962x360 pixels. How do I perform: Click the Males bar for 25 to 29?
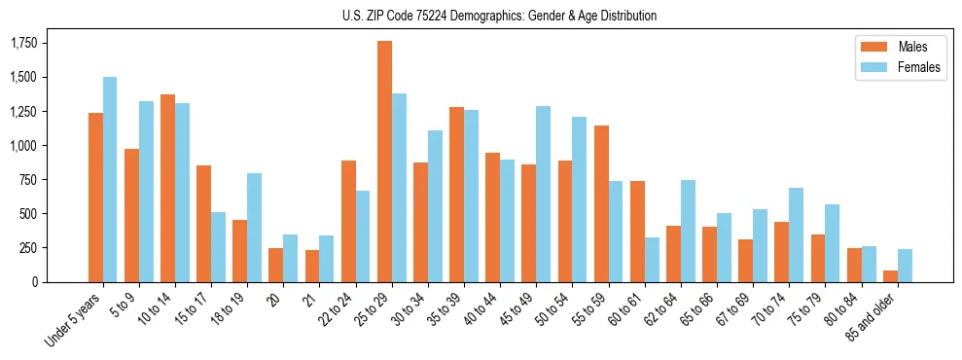(x=384, y=162)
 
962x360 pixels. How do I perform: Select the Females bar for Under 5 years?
(x=110, y=179)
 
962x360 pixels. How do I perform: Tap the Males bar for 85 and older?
(x=890, y=276)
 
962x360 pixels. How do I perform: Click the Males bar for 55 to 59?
(x=601, y=203)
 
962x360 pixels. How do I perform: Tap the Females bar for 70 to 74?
(x=796, y=234)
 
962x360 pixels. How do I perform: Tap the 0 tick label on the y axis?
(x=35, y=282)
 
